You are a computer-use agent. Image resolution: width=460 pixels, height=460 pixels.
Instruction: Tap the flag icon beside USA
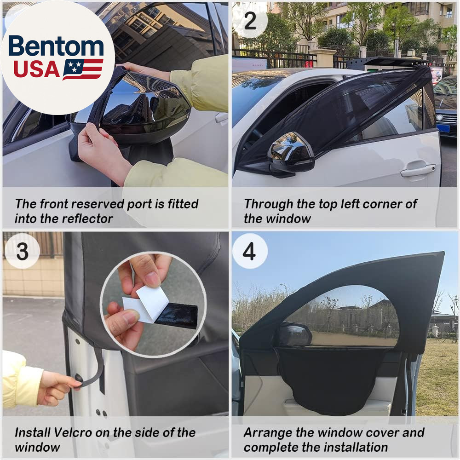point(83,69)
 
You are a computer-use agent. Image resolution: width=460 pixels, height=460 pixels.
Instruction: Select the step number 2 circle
point(250,21)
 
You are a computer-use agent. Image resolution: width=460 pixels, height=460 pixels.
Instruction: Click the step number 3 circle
point(22,251)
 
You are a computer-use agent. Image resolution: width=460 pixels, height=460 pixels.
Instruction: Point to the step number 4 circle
point(250,251)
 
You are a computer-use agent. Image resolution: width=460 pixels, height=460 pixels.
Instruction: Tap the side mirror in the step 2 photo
point(290,155)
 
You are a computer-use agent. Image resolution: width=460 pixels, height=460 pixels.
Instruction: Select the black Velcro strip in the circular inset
point(177,316)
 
